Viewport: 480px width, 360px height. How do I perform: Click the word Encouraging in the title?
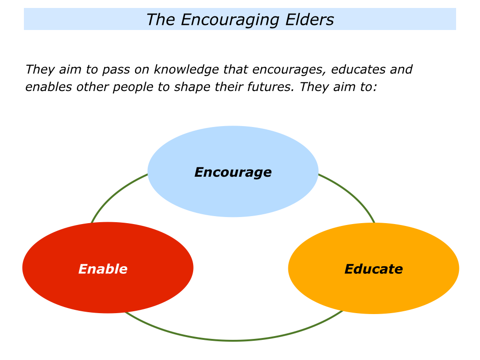230,20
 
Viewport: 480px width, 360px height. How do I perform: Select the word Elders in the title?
309,20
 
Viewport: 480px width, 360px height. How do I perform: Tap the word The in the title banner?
160,20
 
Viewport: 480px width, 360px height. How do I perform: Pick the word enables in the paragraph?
48,87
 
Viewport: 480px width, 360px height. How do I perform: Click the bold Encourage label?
233,172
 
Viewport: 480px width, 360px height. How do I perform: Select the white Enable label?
103,269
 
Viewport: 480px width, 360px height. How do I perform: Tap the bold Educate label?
374,269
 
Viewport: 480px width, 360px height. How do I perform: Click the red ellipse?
108,268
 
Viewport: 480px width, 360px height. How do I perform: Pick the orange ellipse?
374,268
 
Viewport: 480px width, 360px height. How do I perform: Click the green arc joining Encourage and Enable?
115,194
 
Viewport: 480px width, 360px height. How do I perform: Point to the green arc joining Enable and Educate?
233,340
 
